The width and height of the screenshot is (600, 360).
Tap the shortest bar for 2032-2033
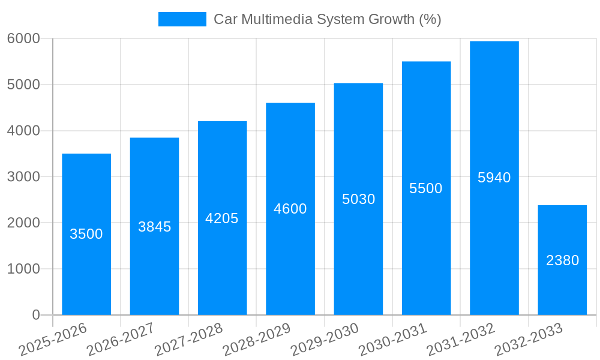[562, 288]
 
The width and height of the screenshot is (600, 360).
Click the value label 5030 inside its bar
[358, 199]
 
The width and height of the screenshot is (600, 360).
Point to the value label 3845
[154, 227]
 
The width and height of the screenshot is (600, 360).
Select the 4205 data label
[222, 218]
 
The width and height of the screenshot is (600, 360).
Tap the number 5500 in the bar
[426, 188]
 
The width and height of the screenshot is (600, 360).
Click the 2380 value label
[562, 260]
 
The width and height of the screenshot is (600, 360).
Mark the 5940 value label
[494, 178]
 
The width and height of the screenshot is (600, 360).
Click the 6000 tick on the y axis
[23, 38]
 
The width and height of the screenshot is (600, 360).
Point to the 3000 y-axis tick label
[23, 177]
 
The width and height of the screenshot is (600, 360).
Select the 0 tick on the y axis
[35, 315]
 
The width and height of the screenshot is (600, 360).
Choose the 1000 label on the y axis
[23, 269]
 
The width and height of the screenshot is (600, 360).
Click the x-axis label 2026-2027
[121, 340]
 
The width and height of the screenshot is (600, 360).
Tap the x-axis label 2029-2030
[325, 340]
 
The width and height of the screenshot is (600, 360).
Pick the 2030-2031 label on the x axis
[393, 340]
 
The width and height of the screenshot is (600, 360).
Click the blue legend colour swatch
[182, 19]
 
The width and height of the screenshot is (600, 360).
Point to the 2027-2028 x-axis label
[188, 340]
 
